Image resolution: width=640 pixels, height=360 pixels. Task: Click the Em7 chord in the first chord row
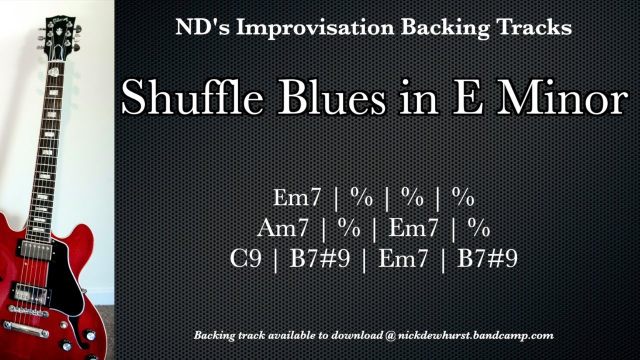pyautogui.click(x=297, y=198)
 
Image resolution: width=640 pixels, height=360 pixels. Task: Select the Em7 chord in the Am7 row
pyautogui.click(x=413, y=229)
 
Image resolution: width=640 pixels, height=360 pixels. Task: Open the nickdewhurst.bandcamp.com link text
pyautogui.click(x=475, y=335)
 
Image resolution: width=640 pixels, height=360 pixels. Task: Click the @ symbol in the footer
pyautogui.click(x=390, y=335)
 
